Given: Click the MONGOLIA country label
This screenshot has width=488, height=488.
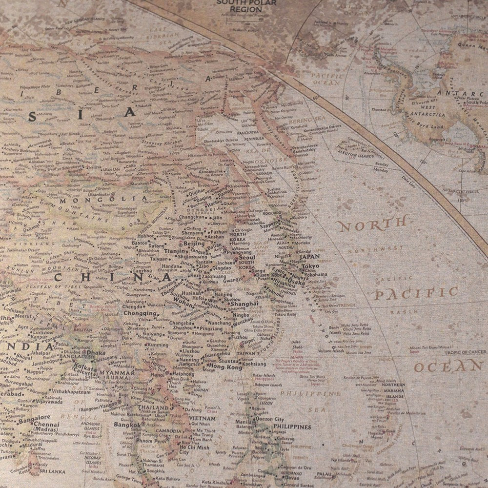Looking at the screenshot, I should [x=102, y=199].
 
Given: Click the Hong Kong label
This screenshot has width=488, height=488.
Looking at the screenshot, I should [x=225, y=366].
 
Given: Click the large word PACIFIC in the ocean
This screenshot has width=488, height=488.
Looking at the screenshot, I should [x=416, y=293].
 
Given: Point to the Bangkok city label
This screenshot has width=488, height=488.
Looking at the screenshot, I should [x=127, y=425].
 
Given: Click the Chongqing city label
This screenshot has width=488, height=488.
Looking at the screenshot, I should [x=139, y=313].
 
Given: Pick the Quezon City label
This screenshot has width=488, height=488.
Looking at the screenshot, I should [x=272, y=419].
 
